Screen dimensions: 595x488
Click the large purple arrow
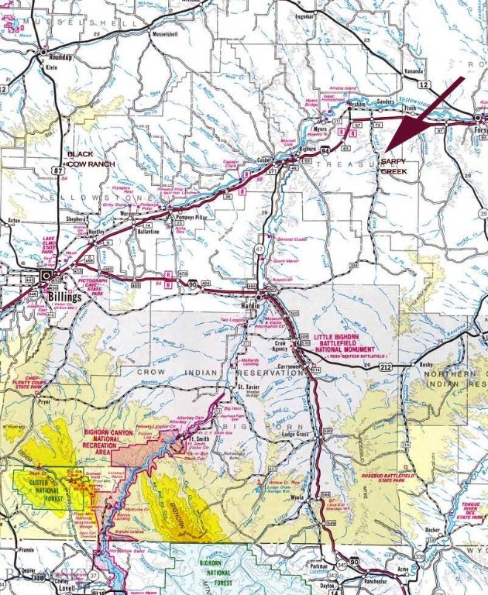pos(424,113)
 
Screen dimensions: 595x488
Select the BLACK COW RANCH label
pos(91,159)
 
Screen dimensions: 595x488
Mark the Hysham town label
pos(356,103)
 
